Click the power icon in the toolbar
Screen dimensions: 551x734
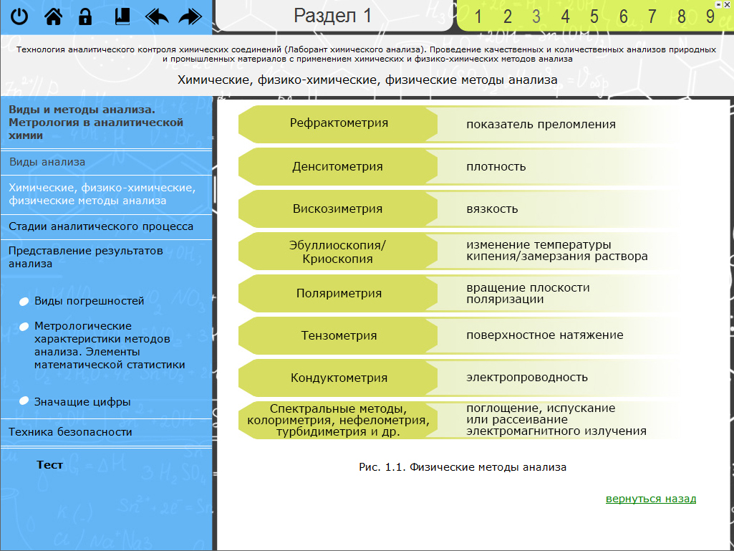coord(19,16)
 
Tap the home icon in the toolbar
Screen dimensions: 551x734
coord(53,16)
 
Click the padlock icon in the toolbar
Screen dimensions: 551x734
coord(85,16)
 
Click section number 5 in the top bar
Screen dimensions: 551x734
coord(594,16)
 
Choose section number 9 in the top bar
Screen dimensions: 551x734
coord(710,16)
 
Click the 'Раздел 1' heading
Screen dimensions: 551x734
coord(333,16)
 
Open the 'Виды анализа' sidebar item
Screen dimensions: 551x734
coord(47,162)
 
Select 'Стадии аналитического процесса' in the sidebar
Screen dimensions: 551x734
coord(101,226)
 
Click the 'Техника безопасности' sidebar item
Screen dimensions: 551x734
coord(70,432)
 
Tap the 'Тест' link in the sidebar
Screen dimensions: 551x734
coord(50,465)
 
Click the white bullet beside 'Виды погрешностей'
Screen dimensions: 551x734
coord(24,302)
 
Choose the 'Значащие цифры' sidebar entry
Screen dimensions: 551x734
coord(82,402)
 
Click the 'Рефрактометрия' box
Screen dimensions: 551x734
coord(339,123)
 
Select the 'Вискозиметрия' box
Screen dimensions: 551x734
coord(337,209)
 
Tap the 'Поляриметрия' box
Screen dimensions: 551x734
coord(339,293)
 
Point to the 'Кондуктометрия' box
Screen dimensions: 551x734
coord(339,378)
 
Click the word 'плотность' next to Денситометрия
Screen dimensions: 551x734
coord(496,167)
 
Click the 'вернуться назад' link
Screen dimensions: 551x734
coord(650,499)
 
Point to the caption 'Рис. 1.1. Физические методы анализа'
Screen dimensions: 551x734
coord(463,467)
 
